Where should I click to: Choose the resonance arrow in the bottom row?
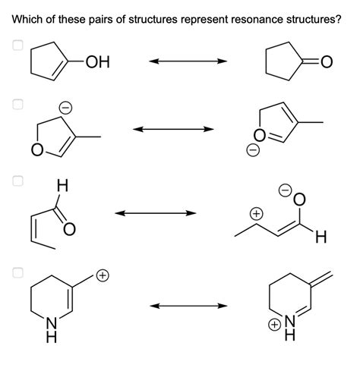coord(188,306)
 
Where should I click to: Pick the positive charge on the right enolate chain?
coord(257,215)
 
